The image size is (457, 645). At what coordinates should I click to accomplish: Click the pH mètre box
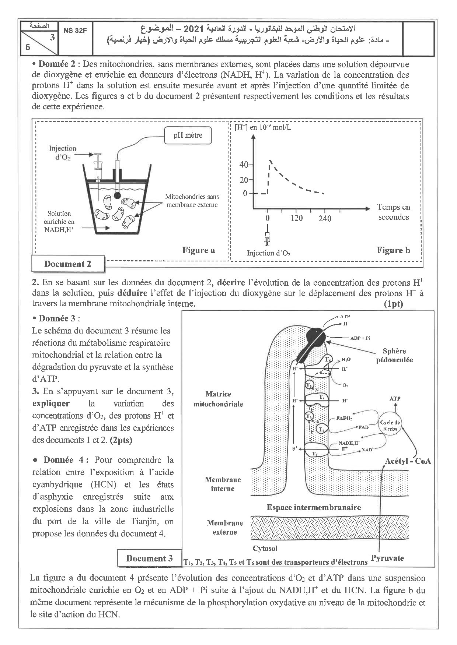pos(188,135)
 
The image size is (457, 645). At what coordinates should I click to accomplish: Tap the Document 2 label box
pos(67,264)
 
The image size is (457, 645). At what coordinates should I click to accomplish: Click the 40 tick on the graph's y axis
pos(244,165)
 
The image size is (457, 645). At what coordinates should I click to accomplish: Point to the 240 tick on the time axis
pos(325,218)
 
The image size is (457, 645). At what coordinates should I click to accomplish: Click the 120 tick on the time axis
pos(296,218)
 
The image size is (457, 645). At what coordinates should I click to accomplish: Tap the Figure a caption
pos(198,250)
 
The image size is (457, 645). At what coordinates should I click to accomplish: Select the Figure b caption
pos(393,250)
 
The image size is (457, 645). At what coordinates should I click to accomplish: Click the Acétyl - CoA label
pos(408,461)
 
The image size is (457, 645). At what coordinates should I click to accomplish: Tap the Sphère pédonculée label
pos(394,355)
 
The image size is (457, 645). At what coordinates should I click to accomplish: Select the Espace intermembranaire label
pos(313,507)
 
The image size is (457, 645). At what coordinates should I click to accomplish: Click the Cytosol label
pos(265,548)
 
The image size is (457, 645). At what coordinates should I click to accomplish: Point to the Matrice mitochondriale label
pos(219,399)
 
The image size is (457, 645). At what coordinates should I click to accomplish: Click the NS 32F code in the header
pos(75,31)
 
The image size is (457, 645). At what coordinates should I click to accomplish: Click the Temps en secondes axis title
pos(393,212)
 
